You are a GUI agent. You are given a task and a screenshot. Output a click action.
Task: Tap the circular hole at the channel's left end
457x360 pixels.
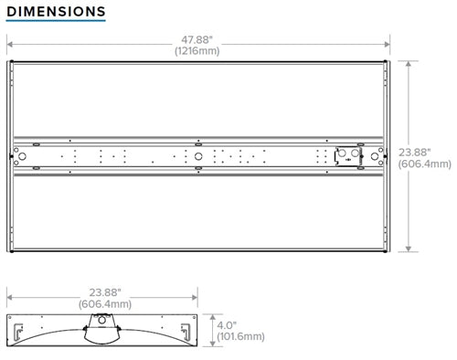click(24, 157)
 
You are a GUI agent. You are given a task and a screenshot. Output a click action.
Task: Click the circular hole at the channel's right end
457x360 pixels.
click(372, 157)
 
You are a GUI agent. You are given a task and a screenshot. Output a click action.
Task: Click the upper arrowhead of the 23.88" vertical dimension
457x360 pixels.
click(409, 64)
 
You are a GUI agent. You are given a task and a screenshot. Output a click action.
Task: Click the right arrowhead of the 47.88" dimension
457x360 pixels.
click(387, 44)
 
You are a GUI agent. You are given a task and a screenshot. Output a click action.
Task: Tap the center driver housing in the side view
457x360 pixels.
click(104, 329)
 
